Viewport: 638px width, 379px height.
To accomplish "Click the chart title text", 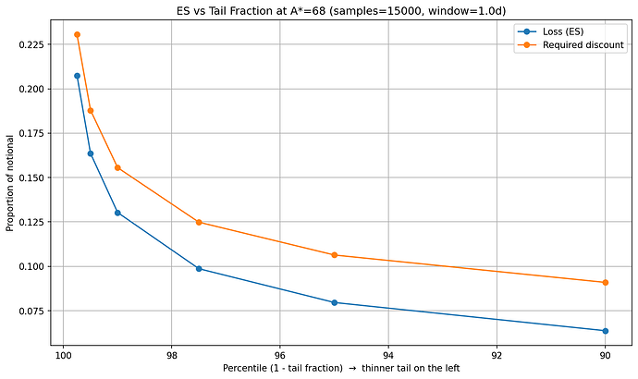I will pos(341,9).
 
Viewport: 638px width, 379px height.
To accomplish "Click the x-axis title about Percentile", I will pos(341,368).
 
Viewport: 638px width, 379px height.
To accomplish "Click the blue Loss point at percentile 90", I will pos(606,331).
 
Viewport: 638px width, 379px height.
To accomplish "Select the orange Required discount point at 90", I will pos(606,282).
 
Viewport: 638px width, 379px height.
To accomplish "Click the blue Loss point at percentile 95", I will pos(335,302).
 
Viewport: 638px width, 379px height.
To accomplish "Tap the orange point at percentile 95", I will pos(335,255).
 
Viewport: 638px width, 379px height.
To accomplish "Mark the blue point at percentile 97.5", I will pos(199,269).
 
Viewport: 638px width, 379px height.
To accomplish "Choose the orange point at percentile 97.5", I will pos(199,222).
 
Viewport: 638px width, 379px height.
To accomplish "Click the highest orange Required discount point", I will pos(77,35).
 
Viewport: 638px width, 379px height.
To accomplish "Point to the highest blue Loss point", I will pos(77,76).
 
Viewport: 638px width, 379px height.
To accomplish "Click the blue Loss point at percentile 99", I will pos(117,213).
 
